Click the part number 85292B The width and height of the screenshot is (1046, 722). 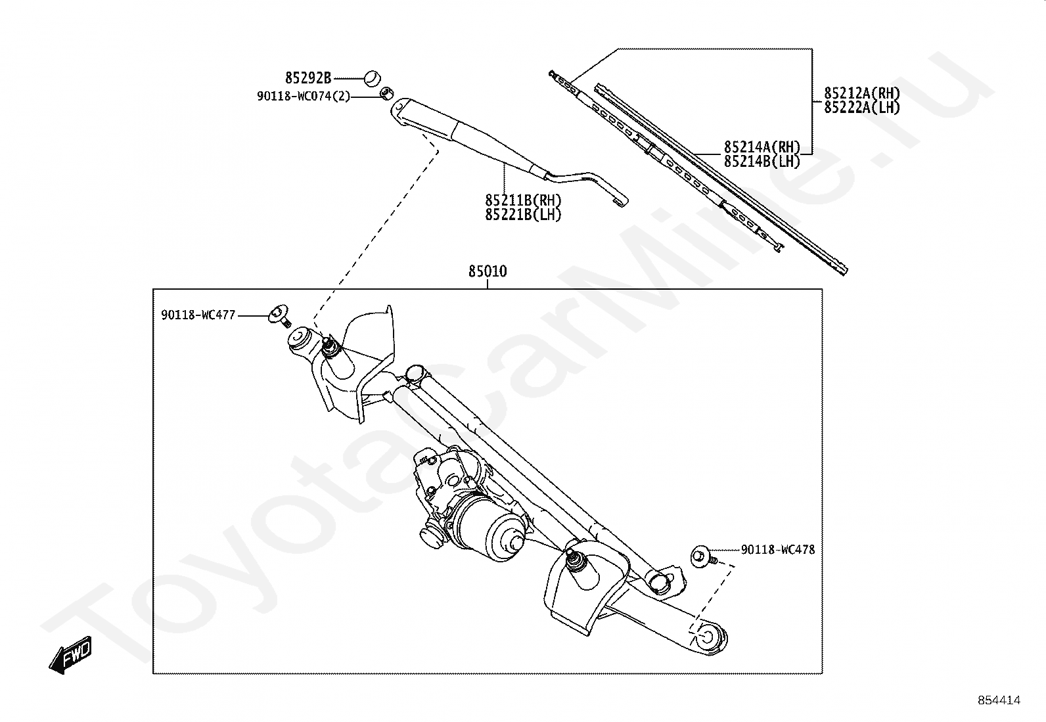pyautogui.click(x=308, y=78)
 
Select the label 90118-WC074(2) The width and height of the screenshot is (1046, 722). pyautogui.click(x=304, y=97)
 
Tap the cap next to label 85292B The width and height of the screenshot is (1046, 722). pyautogui.click(x=373, y=78)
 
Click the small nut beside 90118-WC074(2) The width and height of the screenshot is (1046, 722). pyautogui.click(x=387, y=92)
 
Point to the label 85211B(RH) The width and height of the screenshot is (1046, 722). pyautogui.click(x=524, y=200)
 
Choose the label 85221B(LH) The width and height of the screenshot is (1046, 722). pyautogui.click(x=524, y=214)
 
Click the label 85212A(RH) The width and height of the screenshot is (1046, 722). pyautogui.click(x=862, y=93)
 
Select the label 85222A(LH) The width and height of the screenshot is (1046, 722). pyautogui.click(x=862, y=107)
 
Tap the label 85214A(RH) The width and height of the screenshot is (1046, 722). pyautogui.click(x=762, y=147)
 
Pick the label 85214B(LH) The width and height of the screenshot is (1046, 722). pyautogui.click(x=762, y=161)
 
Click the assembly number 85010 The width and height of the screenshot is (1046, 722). pyautogui.click(x=488, y=271)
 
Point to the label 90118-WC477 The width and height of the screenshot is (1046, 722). pyautogui.click(x=198, y=315)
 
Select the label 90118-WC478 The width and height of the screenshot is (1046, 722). pyautogui.click(x=778, y=549)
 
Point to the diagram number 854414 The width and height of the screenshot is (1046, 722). pyautogui.click(x=999, y=700)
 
